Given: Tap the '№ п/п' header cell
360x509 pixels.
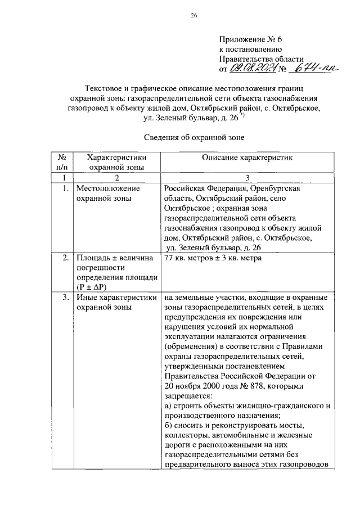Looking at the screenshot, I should pos(63,163).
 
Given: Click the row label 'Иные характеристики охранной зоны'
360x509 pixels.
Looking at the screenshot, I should pos(116,302).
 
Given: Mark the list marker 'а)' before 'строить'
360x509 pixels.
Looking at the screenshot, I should pos(169,406).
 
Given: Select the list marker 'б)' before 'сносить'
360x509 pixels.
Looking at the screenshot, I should pos(169,426).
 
